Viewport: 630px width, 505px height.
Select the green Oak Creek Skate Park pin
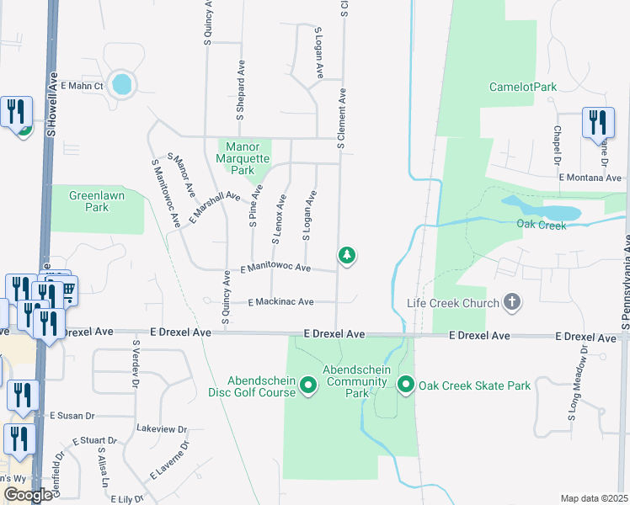click(x=405, y=385)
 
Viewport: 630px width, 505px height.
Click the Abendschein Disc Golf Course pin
click(x=307, y=385)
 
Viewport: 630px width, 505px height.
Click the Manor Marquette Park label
click(x=243, y=157)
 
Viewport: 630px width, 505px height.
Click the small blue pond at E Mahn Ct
click(x=122, y=84)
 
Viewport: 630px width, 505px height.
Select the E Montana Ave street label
click(x=590, y=178)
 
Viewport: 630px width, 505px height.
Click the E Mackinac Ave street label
click(x=280, y=301)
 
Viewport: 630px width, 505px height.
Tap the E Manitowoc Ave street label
click(x=275, y=268)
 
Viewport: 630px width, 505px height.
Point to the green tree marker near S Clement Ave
click(x=345, y=255)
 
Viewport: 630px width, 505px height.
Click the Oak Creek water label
click(x=540, y=224)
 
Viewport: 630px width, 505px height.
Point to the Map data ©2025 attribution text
click(x=594, y=498)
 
